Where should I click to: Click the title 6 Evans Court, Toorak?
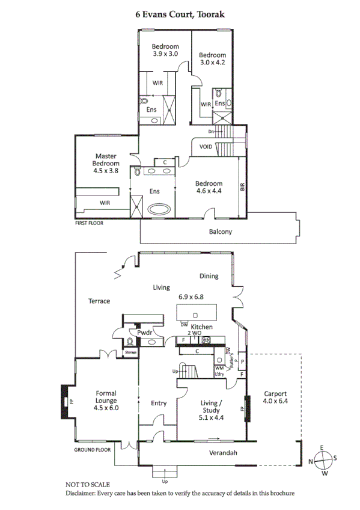pos(180,12)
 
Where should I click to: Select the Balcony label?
pos(220,232)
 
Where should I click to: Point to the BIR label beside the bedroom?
pos(243,187)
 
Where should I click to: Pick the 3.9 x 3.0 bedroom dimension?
pos(165,54)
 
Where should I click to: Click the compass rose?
pos(323,459)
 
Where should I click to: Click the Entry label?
pos(159,403)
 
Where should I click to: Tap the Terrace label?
pos(99,301)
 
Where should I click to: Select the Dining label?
pos(209,276)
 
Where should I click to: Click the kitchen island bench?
pos(196,314)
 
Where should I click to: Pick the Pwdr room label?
pos(143,332)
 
